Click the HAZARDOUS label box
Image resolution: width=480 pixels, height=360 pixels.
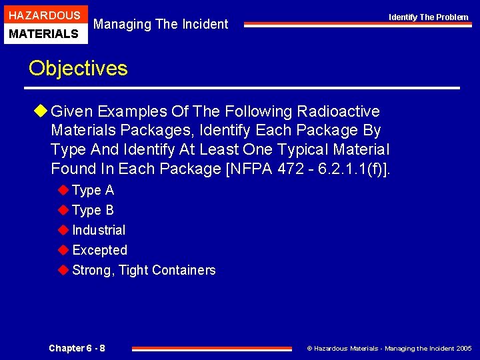coord(45,15)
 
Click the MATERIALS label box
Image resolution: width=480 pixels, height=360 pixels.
coord(45,33)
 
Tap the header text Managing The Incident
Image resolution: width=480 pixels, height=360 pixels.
coord(161,24)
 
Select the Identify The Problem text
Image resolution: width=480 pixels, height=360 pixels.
coord(429,17)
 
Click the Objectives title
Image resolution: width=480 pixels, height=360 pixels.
coord(78,68)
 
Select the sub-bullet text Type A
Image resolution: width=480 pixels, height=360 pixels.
coord(93,190)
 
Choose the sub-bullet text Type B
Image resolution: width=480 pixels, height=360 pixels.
coord(93,210)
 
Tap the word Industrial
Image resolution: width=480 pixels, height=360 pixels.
coord(99,230)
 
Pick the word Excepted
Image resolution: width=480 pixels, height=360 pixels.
coord(99,250)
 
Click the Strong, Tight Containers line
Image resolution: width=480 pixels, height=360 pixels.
coord(143,270)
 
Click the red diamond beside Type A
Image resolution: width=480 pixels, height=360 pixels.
coord(63,190)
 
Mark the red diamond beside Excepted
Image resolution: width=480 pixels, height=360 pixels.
coord(63,250)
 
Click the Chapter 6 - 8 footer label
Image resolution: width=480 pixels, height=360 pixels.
coord(77,348)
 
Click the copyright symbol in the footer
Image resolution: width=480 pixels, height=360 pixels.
coord(309,348)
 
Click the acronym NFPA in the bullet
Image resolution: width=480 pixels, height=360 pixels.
coord(249,169)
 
